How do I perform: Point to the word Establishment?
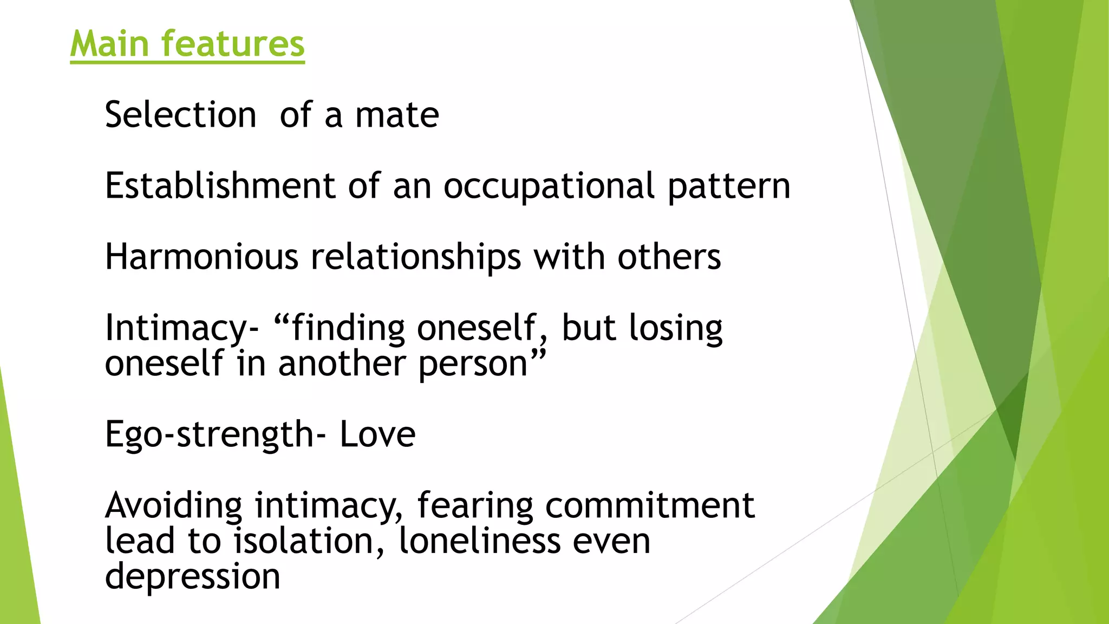[x=220, y=186]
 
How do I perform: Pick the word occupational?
[x=549, y=187]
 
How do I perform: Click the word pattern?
[x=729, y=187]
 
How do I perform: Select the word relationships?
[x=415, y=257]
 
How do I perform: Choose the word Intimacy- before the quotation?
[x=182, y=329]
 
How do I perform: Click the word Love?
[x=377, y=434]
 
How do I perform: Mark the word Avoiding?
[x=174, y=505]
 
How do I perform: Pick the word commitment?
[x=650, y=505]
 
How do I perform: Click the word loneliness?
[x=479, y=541]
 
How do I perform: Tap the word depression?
[x=193, y=577]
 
